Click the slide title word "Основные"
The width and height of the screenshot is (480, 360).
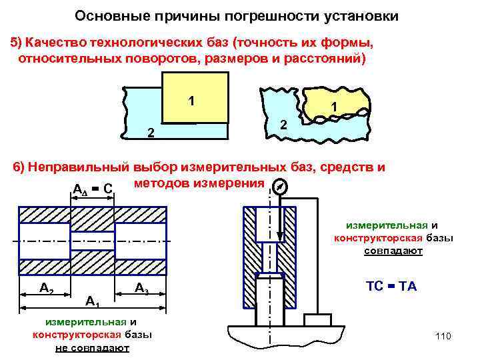[105, 15]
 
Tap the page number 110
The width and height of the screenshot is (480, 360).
[443, 336]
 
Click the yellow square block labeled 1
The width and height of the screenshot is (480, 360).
[195, 97]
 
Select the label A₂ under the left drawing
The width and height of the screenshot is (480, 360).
[47, 288]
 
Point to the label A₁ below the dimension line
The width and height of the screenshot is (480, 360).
[93, 302]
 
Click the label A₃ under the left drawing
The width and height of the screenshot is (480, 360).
[141, 288]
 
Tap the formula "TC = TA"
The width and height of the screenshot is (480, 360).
[391, 285]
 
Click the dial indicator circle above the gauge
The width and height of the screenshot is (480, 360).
[281, 188]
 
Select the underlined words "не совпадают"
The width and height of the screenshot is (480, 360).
[93, 348]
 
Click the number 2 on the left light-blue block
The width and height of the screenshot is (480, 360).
[151, 134]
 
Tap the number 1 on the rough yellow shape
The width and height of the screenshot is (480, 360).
[334, 106]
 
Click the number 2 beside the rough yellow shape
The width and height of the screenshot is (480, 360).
[283, 125]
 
